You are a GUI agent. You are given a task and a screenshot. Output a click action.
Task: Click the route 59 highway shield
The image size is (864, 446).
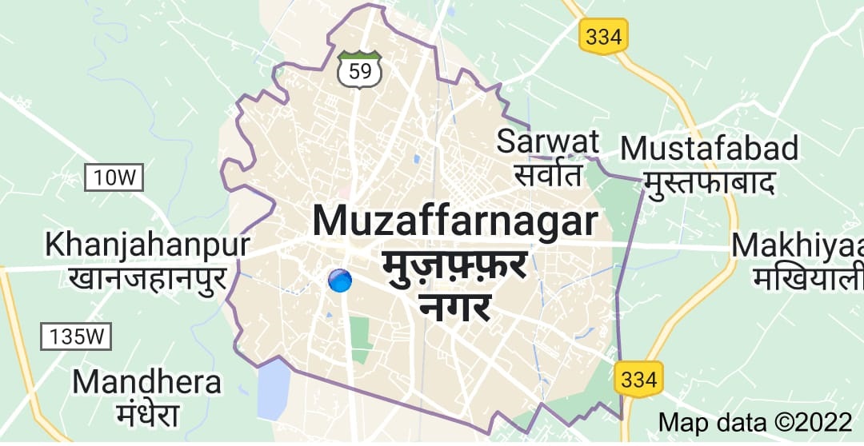pos(359,70)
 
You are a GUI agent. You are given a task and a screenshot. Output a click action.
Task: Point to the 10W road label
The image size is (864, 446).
pos(114,177)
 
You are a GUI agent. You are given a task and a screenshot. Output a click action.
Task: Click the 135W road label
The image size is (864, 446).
pos(76,336)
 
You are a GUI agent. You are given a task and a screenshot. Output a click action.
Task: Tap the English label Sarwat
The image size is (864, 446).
pos(548,141)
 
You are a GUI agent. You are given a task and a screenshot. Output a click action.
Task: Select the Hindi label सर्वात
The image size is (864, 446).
pos(548,173)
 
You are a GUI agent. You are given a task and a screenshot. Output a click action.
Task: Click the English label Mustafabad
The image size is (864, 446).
pos(710,148)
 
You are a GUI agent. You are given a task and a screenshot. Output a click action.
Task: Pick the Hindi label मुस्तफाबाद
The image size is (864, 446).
pos(710,182)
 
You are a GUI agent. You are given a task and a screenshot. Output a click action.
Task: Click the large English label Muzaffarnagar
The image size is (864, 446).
pos(454,221)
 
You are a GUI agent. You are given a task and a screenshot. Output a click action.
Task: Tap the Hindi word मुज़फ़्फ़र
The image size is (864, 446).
pos(454,265)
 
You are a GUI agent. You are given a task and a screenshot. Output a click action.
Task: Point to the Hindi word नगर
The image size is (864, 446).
pos(454,305)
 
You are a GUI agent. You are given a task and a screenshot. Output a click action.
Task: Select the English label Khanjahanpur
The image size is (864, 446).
pos(148,245)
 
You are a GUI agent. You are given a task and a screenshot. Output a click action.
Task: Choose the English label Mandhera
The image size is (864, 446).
pos(146,382)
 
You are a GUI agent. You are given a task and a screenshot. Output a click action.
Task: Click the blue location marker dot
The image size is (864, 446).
pos(340,281)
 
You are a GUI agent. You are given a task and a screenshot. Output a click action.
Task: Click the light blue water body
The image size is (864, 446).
pos(273,390)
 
